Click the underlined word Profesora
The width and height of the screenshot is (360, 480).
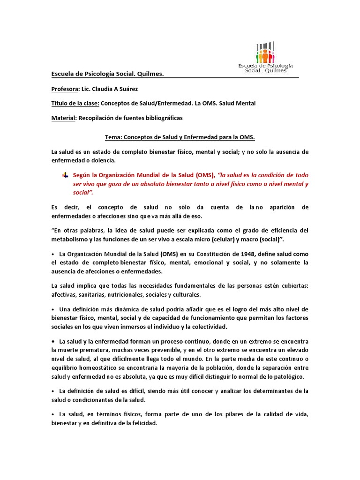click(66, 89)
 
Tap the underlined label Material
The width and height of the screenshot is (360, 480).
click(63, 118)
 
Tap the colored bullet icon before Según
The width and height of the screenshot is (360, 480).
click(65, 175)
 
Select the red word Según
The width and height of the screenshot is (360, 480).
click(82, 175)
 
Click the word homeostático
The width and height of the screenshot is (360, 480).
click(101, 368)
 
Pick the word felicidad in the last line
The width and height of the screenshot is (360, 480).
click(141, 423)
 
